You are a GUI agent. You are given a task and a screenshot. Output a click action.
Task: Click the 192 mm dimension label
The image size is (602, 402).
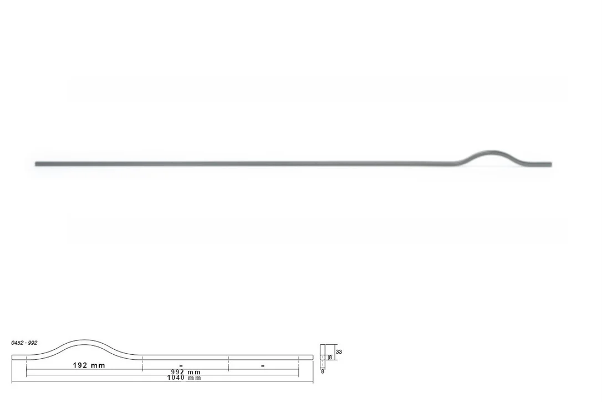coord(89,365)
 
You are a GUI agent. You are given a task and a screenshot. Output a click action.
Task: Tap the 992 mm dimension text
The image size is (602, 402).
coord(186,372)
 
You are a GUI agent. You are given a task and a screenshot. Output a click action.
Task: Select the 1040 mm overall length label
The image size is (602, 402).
coord(184,378)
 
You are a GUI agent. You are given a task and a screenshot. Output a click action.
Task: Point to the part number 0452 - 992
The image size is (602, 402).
coord(24,343)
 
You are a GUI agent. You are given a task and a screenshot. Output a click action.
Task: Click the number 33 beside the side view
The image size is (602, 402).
coord(339,351)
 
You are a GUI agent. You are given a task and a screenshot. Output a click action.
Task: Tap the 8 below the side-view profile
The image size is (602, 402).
coord(323,371)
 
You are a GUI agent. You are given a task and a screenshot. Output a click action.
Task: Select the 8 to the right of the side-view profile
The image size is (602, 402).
coord(330,358)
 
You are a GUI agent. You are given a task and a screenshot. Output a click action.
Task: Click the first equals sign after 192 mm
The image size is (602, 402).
coord(181,366)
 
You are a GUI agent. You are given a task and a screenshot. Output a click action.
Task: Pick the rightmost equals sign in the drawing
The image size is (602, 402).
coord(263,366)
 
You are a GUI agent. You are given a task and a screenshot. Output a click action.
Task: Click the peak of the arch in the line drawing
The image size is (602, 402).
coord(84,340)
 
